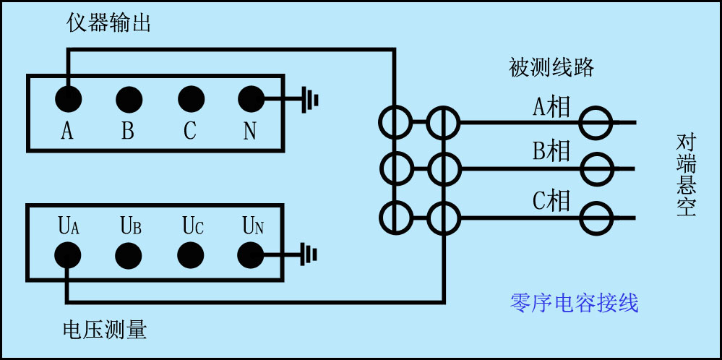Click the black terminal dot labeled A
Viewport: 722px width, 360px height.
pyautogui.click(x=68, y=98)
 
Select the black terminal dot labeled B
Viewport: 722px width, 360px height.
pyautogui.click(x=129, y=98)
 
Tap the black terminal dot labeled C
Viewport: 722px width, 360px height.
pyautogui.click(x=190, y=98)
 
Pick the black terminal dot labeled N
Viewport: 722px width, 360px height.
pyautogui.click(x=251, y=98)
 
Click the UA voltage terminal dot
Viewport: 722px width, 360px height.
pyautogui.click(x=68, y=254)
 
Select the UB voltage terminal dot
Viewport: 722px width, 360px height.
pyautogui.click(x=129, y=254)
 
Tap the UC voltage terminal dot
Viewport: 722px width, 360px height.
pyautogui.click(x=190, y=254)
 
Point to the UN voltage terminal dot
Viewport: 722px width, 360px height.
pyautogui.click(x=251, y=254)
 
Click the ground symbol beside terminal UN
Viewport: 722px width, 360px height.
pyautogui.click(x=310, y=254)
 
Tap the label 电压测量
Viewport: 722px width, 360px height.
pyautogui.click(x=106, y=330)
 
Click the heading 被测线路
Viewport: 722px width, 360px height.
pyautogui.click(x=551, y=68)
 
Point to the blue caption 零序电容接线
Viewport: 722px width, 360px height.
pyautogui.click(x=575, y=303)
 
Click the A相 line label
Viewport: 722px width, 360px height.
pyautogui.click(x=551, y=108)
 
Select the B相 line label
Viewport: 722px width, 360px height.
pyautogui.click(x=551, y=152)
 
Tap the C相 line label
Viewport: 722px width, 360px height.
pyautogui.click(x=551, y=200)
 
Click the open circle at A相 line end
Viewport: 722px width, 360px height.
pyautogui.click(x=598, y=123)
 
